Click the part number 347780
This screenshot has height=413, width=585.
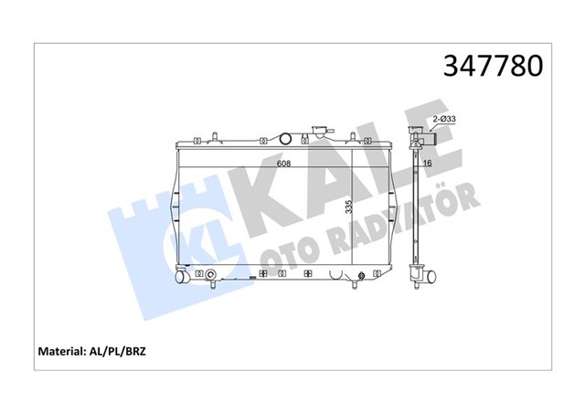point(493,66)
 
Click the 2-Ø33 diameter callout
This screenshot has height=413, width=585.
point(444,118)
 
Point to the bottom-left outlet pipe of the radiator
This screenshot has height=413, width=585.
point(182,276)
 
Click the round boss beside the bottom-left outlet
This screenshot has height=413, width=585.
point(212,275)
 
